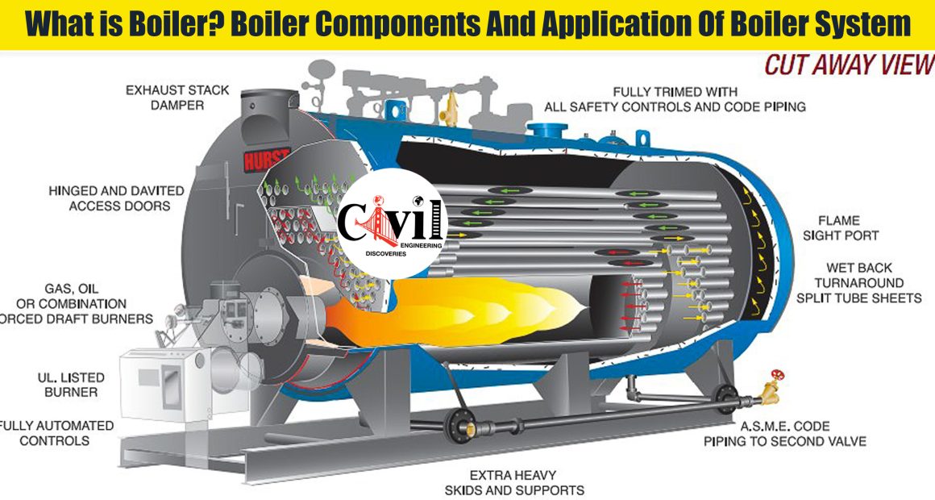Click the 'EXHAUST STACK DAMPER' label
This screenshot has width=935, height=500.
[x=177, y=98]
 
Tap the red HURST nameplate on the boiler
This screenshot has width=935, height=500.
[x=267, y=159]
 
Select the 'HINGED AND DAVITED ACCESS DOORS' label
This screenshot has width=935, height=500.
[x=117, y=198]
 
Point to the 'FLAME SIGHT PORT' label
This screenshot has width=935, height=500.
[x=840, y=228]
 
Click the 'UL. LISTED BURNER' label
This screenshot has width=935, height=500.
[x=71, y=385]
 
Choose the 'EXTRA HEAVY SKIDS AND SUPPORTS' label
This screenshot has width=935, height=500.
[x=513, y=483]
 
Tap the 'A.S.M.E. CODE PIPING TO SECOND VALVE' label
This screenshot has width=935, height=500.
[x=785, y=434]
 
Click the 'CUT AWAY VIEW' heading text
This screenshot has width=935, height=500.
[x=849, y=65]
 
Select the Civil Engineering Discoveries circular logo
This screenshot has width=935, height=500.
[x=392, y=224]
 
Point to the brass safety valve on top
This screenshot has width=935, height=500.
[x=451, y=108]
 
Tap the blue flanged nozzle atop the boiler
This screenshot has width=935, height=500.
[x=546, y=130]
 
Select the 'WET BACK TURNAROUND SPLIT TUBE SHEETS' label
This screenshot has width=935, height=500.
[x=858, y=283]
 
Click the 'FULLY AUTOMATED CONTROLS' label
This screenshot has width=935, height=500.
[x=56, y=433]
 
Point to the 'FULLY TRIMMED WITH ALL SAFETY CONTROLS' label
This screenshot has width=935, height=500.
[x=675, y=99]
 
